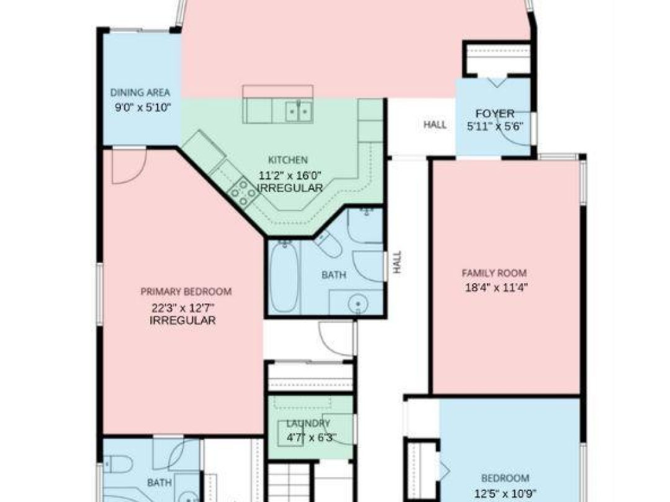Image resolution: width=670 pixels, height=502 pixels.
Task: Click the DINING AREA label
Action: click(140, 93)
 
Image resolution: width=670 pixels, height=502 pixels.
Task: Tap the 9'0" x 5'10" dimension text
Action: click(143, 107)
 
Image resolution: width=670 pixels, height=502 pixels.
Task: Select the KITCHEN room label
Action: click(288, 160)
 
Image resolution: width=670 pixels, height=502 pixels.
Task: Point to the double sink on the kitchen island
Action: click(299, 111)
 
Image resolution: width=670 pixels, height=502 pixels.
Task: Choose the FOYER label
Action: click(494, 113)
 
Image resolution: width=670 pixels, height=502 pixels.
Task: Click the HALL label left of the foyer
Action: click(435, 125)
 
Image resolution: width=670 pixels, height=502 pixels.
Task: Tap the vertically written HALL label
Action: click(397, 262)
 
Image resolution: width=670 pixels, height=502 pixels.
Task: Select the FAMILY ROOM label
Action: click(494, 273)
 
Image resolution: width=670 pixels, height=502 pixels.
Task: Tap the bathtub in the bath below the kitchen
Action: click(284, 277)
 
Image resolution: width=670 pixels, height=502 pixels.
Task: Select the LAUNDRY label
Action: click(308, 423)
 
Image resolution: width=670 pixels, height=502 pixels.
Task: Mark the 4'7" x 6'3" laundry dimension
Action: click(311, 437)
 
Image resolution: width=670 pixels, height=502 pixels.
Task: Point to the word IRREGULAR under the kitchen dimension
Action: click(289, 188)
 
